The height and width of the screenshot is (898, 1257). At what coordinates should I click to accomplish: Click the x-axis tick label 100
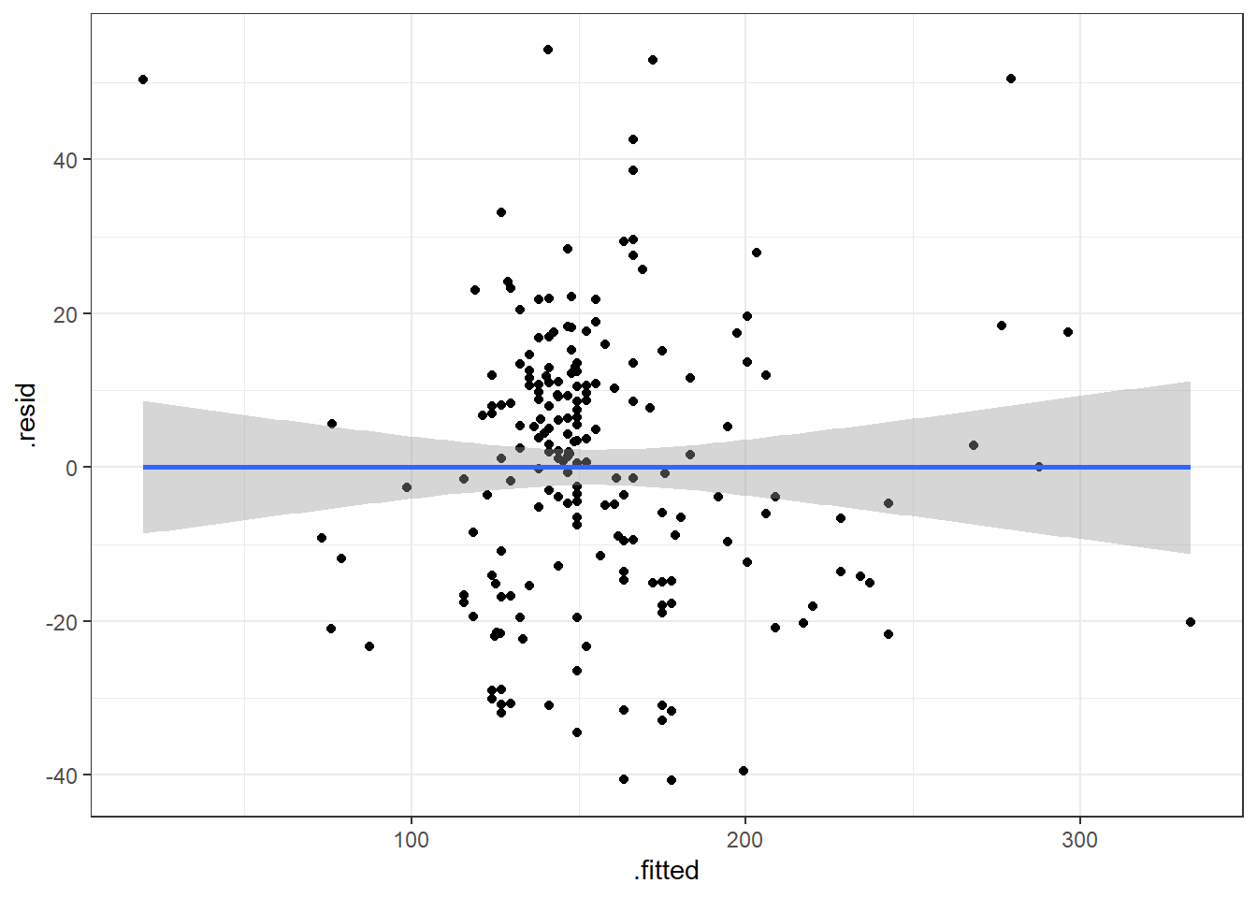pyautogui.click(x=412, y=840)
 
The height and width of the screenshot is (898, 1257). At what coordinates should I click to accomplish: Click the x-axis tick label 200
pyautogui.click(x=745, y=840)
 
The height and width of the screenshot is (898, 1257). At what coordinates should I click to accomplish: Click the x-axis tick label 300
pyautogui.click(x=1079, y=840)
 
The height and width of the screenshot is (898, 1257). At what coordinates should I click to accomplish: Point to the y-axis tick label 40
pyautogui.click(x=65, y=160)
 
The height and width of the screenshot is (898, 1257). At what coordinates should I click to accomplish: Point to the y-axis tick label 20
pyautogui.click(x=65, y=314)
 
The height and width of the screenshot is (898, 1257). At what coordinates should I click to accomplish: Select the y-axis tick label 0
pyautogui.click(x=72, y=468)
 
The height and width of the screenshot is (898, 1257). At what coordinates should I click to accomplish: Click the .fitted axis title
pyautogui.click(x=666, y=871)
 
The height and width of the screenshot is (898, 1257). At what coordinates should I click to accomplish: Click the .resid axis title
pyautogui.click(x=26, y=415)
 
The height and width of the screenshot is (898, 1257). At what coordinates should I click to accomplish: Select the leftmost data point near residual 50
pyautogui.click(x=143, y=80)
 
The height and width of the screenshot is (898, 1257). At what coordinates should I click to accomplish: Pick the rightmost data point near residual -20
pyautogui.click(x=1190, y=622)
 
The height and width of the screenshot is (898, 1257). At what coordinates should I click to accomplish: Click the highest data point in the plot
pyautogui.click(x=548, y=50)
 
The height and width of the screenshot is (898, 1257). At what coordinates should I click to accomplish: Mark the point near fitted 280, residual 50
pyautogui.click(x=1011, y=79)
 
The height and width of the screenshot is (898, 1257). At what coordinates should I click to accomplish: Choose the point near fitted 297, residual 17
pyautogui.click(x=1068, y=332)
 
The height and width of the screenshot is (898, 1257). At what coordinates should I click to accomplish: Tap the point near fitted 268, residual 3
pyautogui.click(x=974, y=445)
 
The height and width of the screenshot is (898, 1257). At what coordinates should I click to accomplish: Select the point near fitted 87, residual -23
pyautogui.click(x=369, y=646)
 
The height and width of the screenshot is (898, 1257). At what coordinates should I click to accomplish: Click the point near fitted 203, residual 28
pyautogui.click(x=757, y=253)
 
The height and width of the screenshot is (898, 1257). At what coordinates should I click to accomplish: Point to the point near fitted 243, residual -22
pyautogui.click(x=889, y=634)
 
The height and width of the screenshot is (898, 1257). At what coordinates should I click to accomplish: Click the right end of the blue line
pyautogui.click(x=1190, y=467)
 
